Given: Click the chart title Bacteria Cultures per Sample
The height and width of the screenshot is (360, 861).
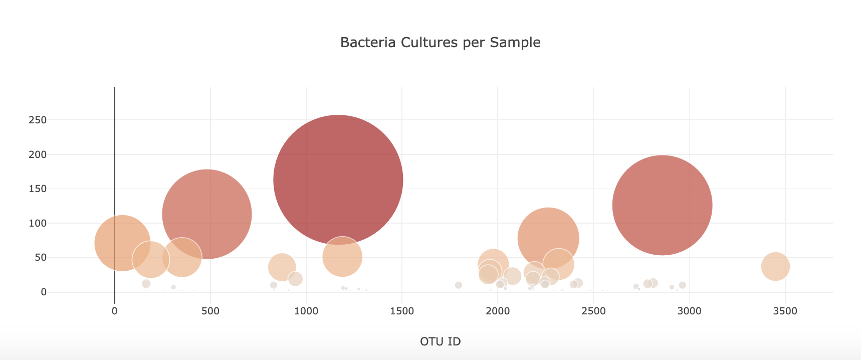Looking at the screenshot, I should click(440, 43).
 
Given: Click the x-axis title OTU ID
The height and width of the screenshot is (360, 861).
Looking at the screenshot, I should click(440, 341).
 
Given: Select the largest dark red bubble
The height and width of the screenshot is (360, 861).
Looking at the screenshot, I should click(338, 179).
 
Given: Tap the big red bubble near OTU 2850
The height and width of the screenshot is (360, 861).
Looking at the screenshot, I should click(662, 205).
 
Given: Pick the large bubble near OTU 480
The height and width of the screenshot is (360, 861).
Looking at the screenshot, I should click(207, 214).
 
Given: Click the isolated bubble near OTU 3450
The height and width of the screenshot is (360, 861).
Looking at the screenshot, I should click(775, 267).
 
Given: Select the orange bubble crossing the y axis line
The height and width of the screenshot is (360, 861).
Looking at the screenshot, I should click(122, 243).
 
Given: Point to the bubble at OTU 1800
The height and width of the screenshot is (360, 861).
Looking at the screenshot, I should click(458, 285).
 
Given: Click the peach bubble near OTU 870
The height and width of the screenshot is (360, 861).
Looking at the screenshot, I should click(282, 267).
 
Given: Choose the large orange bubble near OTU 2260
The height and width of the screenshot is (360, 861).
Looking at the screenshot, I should click(548, 238).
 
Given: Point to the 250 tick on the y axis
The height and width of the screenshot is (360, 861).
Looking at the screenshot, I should click(38, 120).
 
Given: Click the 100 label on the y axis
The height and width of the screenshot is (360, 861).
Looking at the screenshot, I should click(38, 223).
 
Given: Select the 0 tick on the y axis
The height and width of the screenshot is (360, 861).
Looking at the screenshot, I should click(44, 292).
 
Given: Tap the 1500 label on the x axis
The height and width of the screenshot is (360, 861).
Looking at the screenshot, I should click(402, 311).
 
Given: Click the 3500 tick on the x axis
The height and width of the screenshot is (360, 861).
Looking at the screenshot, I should click(785, 311).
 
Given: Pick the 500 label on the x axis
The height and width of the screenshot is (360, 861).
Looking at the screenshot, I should click(210, 311).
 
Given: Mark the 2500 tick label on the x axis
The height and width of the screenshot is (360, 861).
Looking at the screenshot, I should click(593, 311).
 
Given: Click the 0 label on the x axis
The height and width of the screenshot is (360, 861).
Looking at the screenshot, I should click(115, 311).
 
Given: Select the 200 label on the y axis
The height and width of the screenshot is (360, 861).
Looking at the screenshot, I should click(38, 154).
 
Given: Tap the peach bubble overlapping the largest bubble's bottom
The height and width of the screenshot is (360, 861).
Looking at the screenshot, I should click(342, 257).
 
